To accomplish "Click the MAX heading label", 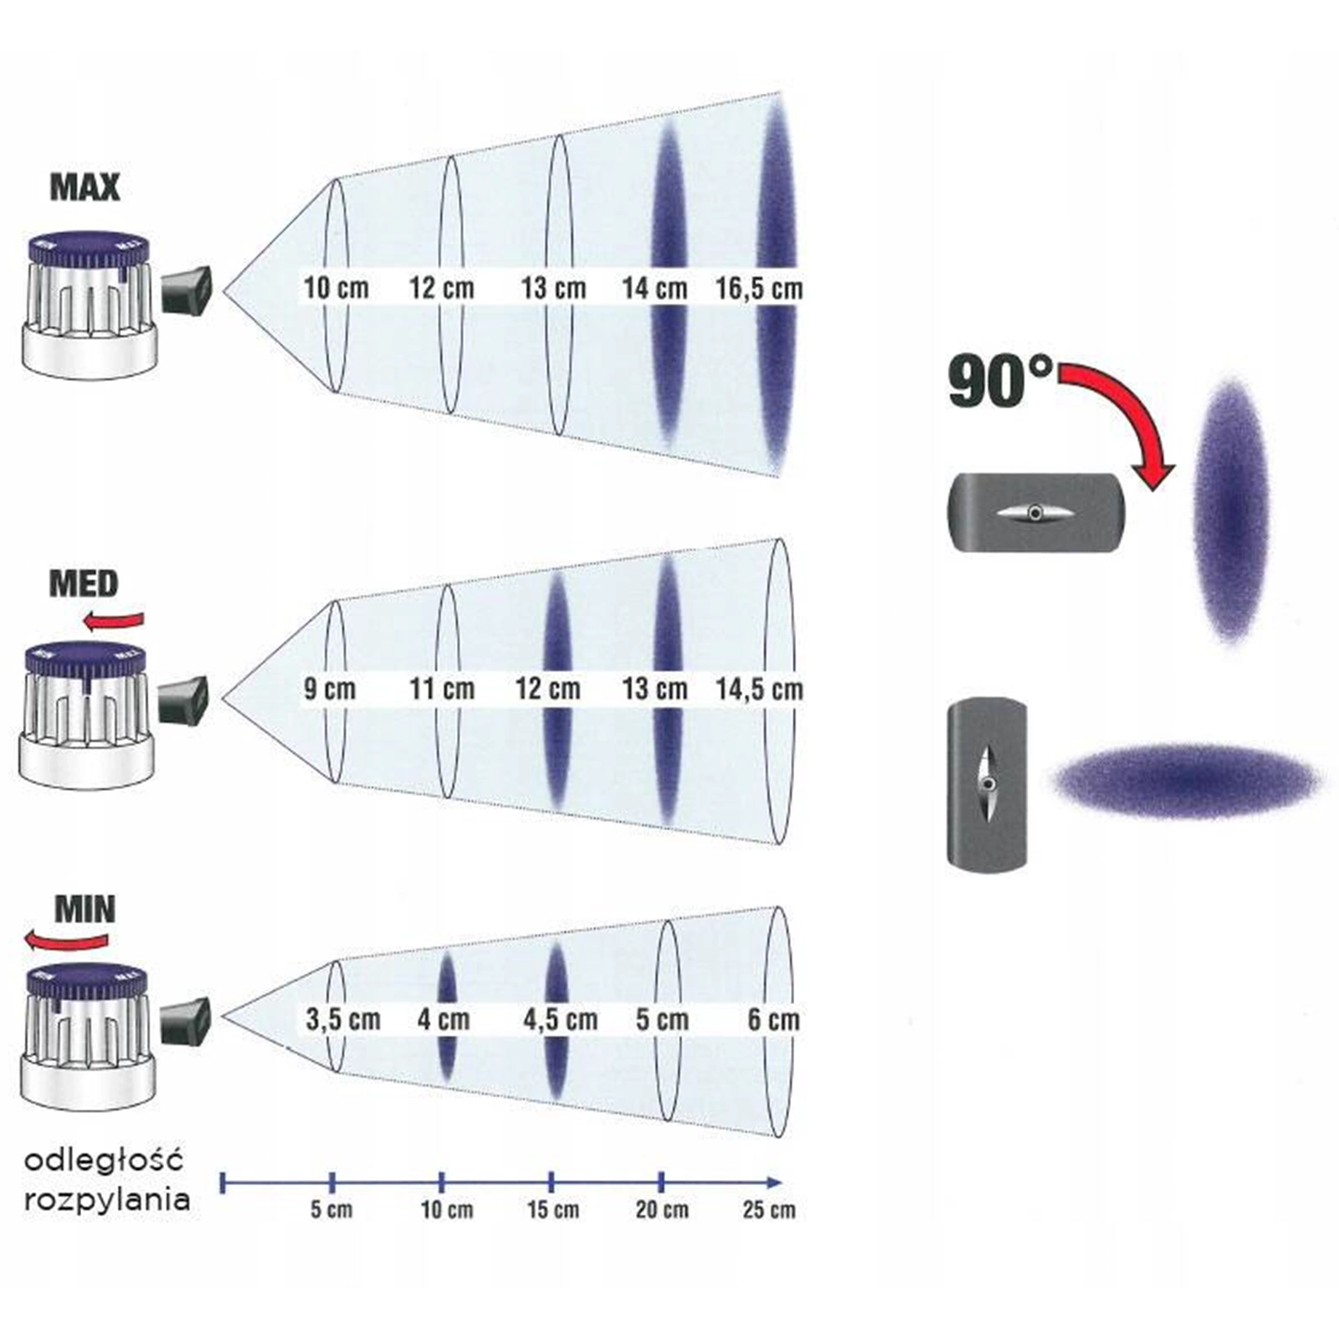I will [x=85, y=187].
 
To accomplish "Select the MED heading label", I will [x=84, y=583].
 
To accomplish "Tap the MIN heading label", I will [x=85, y=909].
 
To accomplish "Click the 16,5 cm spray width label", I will [x=758, y=289].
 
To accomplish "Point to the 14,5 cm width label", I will [x=758, y=690].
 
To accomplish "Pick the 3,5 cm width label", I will [x=342, y=1019].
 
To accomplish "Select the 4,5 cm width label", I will [x=560, y=1019].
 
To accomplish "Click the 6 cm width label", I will [x=773, y=1019].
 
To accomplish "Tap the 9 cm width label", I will [x=329, y=690].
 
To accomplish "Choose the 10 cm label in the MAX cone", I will [x=336, y=289].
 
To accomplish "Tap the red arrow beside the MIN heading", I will [x=67, y=941].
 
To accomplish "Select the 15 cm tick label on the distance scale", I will [x=552, y=1210].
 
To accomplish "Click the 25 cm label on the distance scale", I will [x=768, y=1210].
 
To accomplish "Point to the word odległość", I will [x=103, y=1161].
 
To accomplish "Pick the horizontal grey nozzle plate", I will [x=1036, y=512].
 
